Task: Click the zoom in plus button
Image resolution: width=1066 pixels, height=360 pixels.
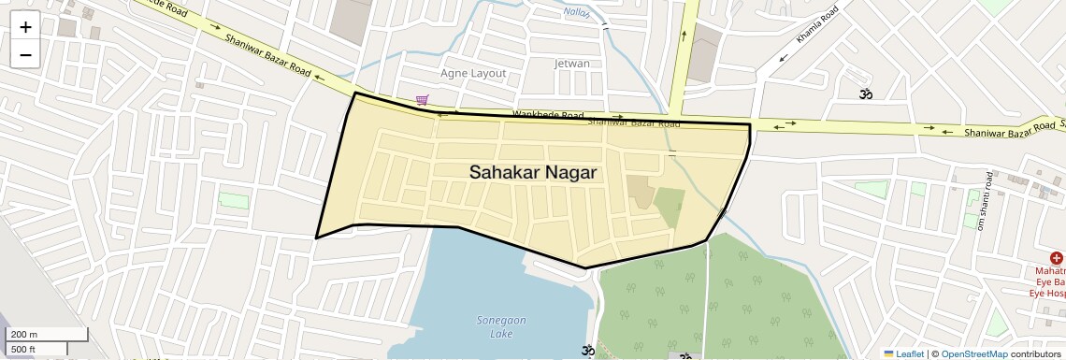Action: tap(25, 27)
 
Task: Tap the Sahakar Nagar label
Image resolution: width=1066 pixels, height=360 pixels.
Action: tap(532, 172)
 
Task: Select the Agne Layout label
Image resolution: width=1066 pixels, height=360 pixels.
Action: tap(473, 73)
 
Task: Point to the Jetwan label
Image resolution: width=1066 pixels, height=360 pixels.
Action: tap(572, 64)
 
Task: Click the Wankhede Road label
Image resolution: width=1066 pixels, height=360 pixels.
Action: tap(547, 115)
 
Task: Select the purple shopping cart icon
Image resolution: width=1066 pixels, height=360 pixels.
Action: tap(423, 99)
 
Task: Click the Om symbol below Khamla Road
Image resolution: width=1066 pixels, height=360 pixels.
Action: tap(866, 94)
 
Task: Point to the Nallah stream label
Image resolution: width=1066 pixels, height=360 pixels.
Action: tap(577, 12)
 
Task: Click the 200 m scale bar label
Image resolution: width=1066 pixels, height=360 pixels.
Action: tap(24, 335)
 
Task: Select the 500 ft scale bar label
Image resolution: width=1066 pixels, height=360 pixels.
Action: tap(24, 349)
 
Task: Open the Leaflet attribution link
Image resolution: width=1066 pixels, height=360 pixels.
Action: tap(903, 353)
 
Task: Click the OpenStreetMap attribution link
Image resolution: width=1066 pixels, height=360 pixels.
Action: tap(973, 353)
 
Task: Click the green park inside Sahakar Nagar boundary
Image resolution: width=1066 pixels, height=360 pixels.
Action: tap(669, 206)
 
